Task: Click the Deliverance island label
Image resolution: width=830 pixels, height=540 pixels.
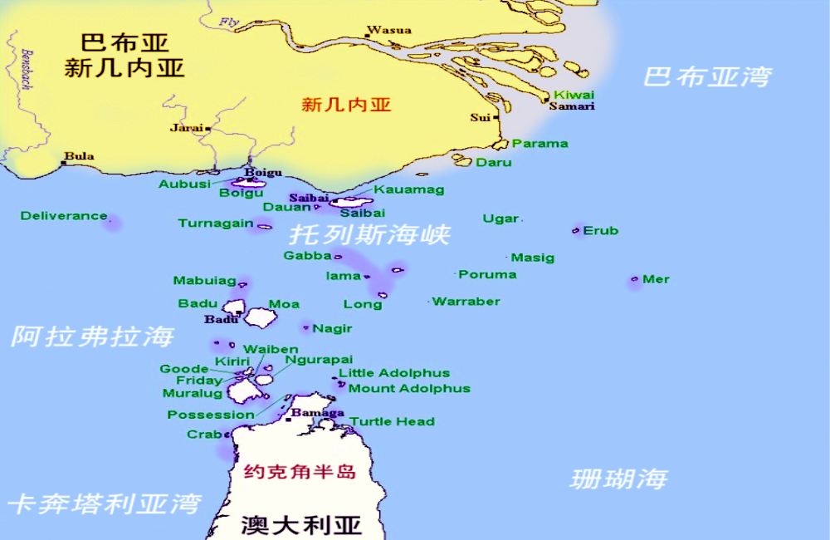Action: click(x=64, y=216)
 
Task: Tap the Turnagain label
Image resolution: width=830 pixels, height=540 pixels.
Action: click(x=216, y=223)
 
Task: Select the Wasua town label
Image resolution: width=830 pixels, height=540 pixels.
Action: click(x=389, y=31)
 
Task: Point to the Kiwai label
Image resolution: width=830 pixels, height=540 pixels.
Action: click(x=574, y=95)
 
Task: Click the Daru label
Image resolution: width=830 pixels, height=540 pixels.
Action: click(x=494, y=162)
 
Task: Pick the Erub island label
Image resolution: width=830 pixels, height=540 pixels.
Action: click(x=601, y=230)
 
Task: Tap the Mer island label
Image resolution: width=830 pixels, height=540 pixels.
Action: click(x=656, y=279)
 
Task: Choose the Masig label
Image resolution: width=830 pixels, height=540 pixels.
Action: click(x=533, y=258)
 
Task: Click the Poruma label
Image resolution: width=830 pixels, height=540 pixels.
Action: click(x=487, y=274)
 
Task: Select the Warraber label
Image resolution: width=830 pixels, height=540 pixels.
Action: click(x=466, y=301)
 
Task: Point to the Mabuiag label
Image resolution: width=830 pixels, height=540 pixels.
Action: click(x=204, y=281)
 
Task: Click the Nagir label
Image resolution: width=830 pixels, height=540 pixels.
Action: click(x=332, y=328)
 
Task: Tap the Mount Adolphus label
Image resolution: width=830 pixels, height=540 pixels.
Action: click(x=409, y=388)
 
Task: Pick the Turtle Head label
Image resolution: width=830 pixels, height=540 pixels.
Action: click(x=392, y=421)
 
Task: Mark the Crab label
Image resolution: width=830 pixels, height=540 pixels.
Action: click(x=204, y=434)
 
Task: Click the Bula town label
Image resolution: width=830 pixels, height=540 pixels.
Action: click(x=80, y=156)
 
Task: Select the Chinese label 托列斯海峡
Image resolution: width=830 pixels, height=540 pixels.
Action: click(x=369, y=234)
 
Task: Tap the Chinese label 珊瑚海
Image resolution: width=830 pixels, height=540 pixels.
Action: click(x=619, y=479)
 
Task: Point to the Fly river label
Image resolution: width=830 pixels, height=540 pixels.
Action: click(x=230, y=21)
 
